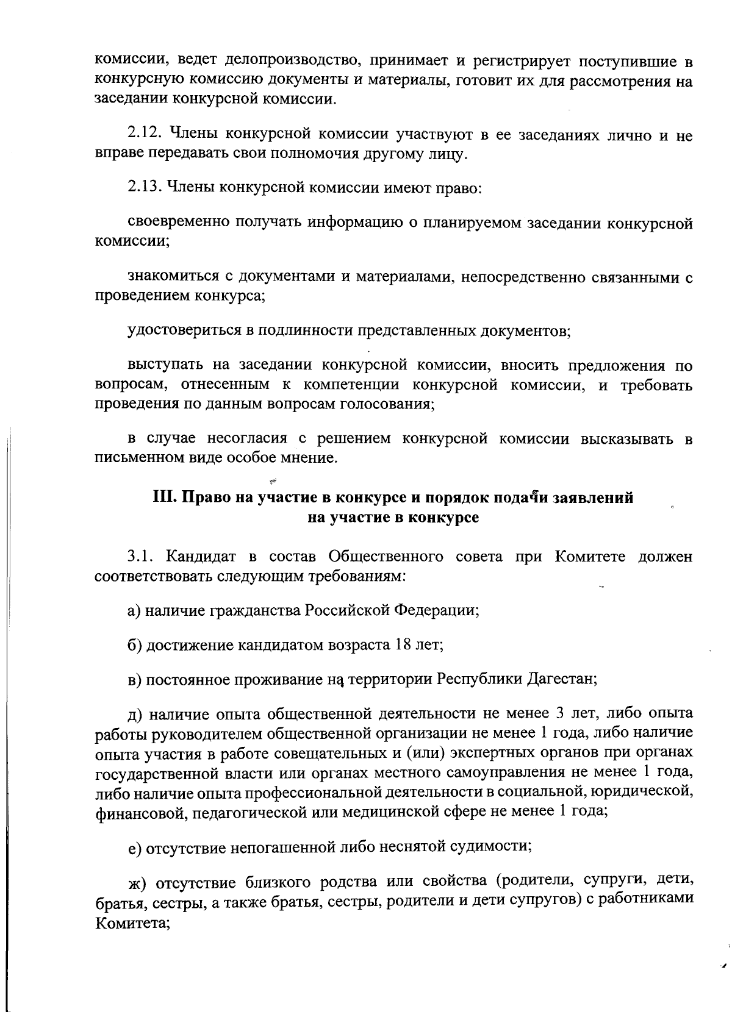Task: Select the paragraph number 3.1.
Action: tap(138, 556)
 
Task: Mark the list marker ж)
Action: tap(135, 882)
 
